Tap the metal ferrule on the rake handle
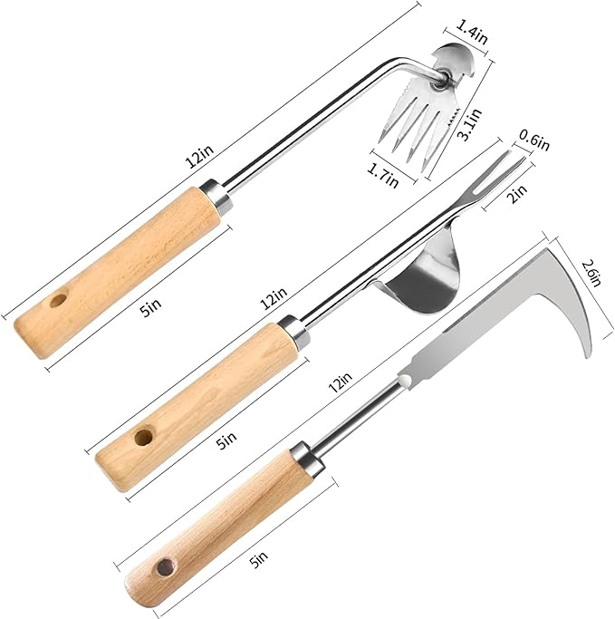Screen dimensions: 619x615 pyautogui.click(x=214, y=193)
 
